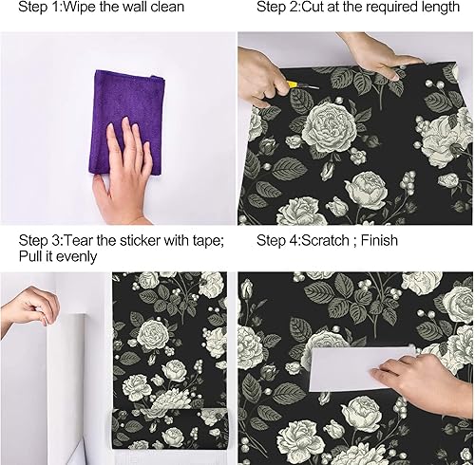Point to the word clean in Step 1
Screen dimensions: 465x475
point(164,8)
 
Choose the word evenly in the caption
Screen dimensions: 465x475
point(76,256)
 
